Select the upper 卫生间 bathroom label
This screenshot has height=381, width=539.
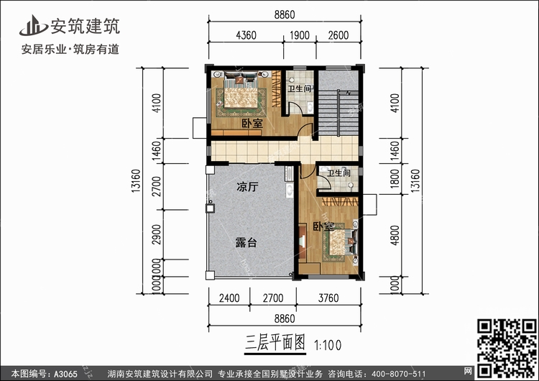(299, 90)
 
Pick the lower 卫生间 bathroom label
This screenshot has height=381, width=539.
(338, 173)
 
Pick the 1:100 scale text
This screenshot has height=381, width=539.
(328, 342)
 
